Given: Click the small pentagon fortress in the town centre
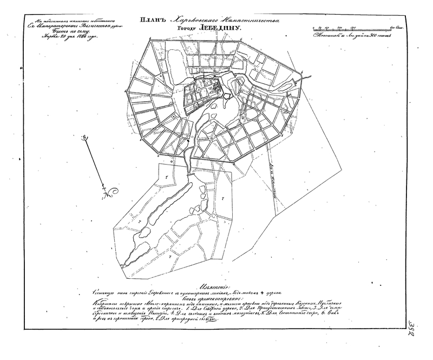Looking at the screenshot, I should pyautogui.click(x=226, y=96).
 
